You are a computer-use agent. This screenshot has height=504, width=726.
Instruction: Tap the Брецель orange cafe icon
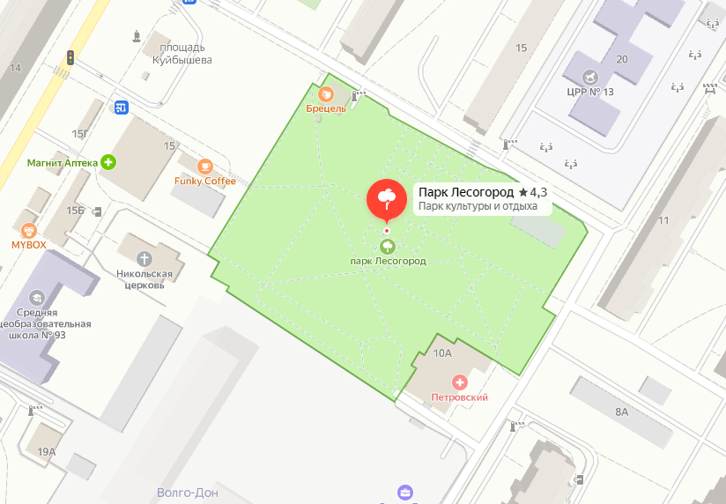pos(325,93)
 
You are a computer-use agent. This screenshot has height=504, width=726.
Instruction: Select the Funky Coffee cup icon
pos(205,166)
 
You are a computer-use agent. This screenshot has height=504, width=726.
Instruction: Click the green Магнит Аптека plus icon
pos(108,162)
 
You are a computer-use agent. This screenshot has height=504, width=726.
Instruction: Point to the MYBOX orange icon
pos(28,228)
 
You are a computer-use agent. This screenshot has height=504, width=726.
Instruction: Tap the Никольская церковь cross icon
pos(145,258)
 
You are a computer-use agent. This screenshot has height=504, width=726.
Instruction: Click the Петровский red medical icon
pos(459,382)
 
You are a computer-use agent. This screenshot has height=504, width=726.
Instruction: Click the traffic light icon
pos(70,58)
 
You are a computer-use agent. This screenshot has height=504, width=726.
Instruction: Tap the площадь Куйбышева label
pos(177,54)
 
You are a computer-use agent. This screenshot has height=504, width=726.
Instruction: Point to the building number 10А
pos(442,353)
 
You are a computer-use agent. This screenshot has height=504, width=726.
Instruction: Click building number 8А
pos(622,411)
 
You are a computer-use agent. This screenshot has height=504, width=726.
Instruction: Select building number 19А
pos(47,452)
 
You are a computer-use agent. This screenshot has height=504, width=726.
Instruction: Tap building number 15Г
pos(81,134)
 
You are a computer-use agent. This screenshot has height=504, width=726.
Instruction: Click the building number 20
pos(622,59)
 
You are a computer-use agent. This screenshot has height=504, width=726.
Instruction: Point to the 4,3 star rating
pos(533,191)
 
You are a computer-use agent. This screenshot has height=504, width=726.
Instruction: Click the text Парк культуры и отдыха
pos(477,206)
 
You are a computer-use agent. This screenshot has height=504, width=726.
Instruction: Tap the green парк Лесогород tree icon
pos(386,246)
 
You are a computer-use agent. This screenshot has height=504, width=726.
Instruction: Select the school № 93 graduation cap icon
pos(36,298)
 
